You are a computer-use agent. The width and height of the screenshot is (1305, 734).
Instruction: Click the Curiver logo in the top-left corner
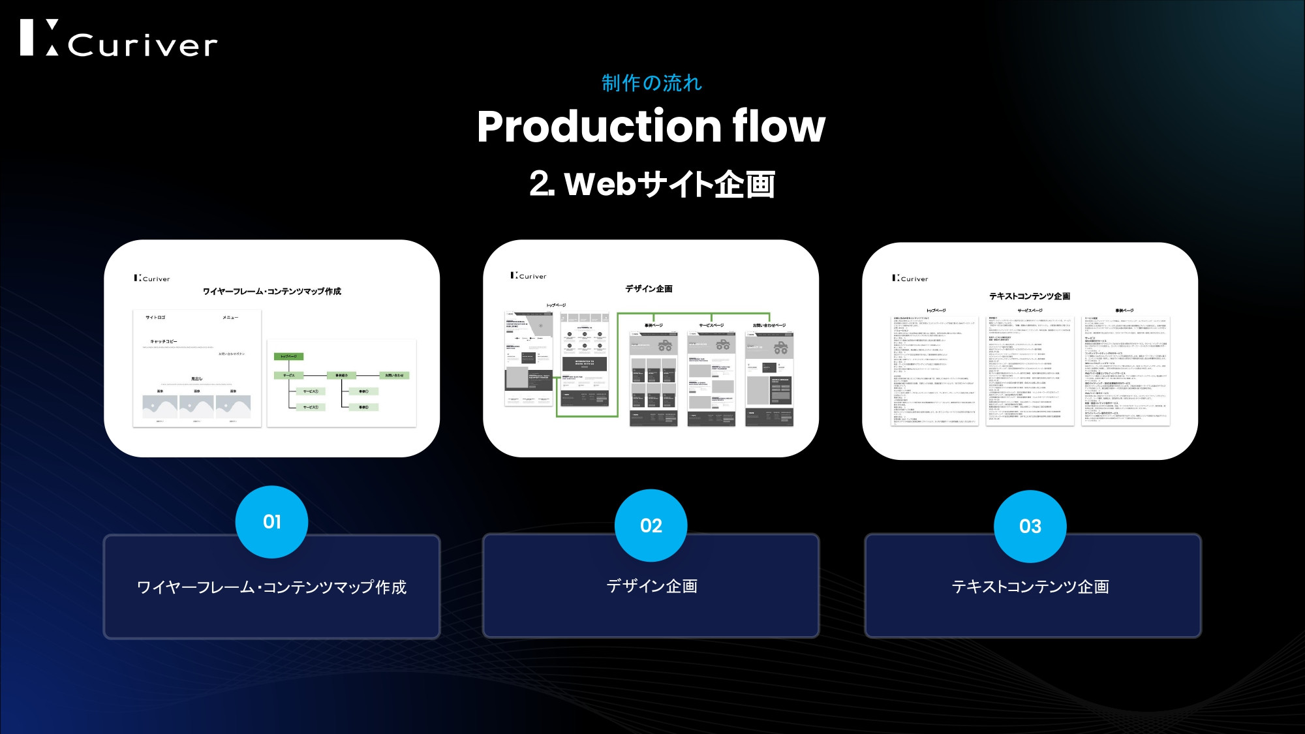click(118, 38)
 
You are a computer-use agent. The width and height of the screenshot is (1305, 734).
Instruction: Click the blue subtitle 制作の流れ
click(651, 84)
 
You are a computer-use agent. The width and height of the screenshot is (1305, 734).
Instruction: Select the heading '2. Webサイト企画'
click(652, 184)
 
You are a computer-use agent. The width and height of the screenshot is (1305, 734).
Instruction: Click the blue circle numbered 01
click(271, 522)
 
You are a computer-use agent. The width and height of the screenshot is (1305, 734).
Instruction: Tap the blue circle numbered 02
click(651, 525)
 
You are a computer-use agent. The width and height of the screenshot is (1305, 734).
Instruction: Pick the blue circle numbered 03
click(1030, 526)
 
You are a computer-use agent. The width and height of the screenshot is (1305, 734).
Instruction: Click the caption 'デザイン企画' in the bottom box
click(651, 586)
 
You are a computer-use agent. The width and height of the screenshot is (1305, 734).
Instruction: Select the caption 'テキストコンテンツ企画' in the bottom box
click(1030, 587)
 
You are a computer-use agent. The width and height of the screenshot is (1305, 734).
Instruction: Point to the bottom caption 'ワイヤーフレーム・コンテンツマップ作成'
click(271, 587)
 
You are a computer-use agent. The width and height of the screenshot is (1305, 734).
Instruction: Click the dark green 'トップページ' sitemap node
click(288, 356)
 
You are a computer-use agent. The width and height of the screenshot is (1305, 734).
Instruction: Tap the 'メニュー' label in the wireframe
click(230, 318)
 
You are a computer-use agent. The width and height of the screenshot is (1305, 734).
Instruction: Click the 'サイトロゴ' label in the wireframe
click(155, 318)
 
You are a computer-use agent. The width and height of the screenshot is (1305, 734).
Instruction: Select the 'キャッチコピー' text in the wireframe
click(164, 341)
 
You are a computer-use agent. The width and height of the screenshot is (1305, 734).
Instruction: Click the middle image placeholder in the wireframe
click(196, 406)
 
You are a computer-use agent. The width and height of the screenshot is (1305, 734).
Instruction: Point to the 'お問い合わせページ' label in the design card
click(769, 325)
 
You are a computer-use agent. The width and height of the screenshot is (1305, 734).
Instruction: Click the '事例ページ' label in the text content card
click(1124, 311)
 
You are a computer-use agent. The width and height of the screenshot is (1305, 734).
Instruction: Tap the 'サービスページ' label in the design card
click(711, 325)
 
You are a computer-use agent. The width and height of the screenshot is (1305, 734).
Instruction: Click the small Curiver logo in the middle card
click(529, 276)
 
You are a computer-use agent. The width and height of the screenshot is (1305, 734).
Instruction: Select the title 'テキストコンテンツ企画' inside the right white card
click(1030, 296)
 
